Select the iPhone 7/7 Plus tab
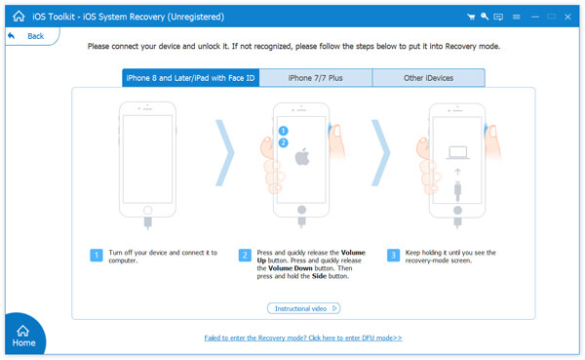click(315, 78)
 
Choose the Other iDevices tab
click(428, 78)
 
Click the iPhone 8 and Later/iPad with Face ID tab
click(191, 78)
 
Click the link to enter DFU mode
click(303, 338)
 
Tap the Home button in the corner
click(23, 336)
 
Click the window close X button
click(567, 17)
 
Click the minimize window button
click(534, 17)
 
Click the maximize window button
click(551, 17)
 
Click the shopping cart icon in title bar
click(471, 17)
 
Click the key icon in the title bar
click(485, 17)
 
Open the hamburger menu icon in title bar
click(516, 17)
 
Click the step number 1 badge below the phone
click(97, 255)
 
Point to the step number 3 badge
click(393, 255)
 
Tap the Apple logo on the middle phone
click(302, 156)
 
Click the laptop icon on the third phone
click(457, 153)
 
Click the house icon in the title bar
click(19, 17)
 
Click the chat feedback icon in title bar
click(499, 17)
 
